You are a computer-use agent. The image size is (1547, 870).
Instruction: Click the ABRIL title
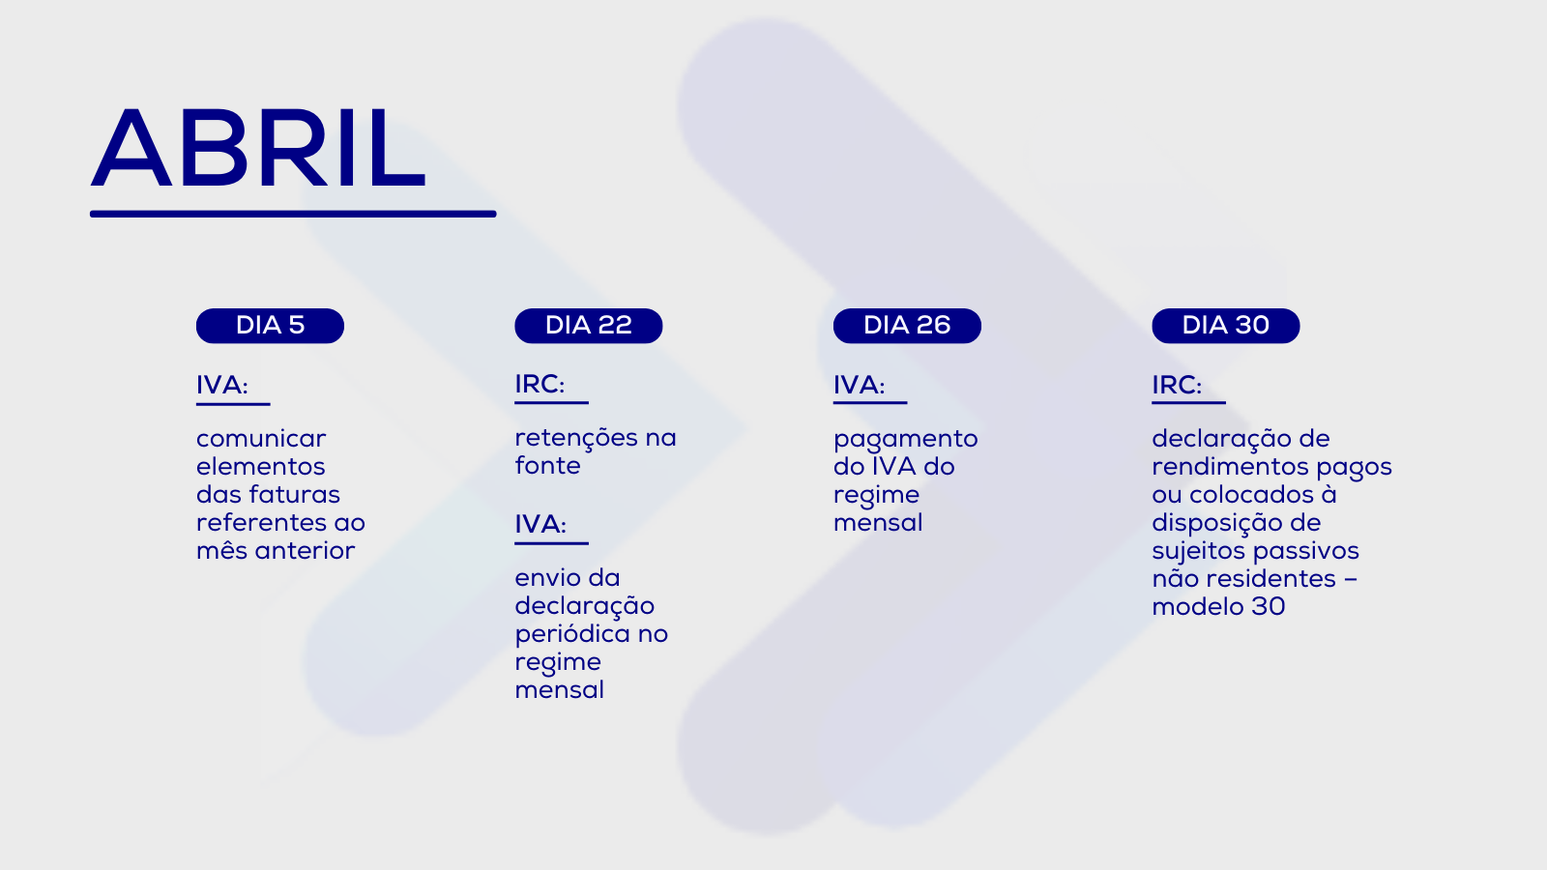coord(257,149)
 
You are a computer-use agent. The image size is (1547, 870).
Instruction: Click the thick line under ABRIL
coord(293,214)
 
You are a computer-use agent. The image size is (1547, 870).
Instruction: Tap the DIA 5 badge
coord(270,326)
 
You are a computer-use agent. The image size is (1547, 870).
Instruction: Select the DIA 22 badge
coord(589,326)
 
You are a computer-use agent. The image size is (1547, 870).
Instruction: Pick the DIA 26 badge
coord(907,326)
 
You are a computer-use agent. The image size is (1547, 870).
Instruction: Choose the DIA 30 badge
coord(1226,326)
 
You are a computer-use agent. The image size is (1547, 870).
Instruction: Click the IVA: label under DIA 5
coord(221,386)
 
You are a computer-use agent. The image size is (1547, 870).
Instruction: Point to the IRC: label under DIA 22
coord(540,385)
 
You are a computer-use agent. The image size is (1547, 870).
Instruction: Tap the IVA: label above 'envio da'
coord(540,525)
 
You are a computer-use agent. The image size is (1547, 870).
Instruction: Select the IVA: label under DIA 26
coord(860,386)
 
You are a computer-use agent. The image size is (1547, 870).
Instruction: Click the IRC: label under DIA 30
coord(1177,386)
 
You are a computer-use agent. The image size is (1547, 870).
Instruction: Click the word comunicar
coord(261,439)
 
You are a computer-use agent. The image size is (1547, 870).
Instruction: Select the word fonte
coord(547,466)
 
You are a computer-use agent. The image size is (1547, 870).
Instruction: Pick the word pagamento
coord(905,440)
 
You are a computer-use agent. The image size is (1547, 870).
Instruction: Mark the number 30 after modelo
coord(1268,607)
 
